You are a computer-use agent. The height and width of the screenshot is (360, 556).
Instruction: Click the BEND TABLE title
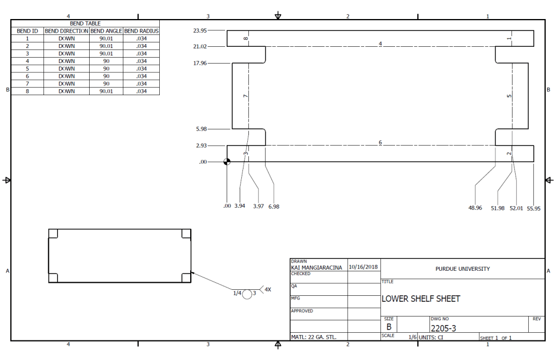85,24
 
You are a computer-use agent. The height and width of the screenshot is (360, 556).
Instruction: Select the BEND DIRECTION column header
66,32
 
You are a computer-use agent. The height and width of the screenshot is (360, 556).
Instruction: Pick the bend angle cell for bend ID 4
107,61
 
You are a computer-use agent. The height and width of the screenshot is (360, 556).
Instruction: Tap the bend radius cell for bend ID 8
141,91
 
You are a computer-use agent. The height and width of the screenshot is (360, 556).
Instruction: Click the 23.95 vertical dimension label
200,31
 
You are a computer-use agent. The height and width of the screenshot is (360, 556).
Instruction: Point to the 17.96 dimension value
200,64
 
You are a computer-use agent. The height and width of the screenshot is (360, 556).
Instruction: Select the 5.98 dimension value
202,129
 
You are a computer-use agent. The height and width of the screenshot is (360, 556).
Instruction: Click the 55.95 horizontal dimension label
534,208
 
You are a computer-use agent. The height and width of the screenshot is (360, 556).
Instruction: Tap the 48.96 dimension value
475,208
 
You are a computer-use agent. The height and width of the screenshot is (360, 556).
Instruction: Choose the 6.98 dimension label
274,207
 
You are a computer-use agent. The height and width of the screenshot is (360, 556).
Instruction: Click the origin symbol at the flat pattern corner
227,162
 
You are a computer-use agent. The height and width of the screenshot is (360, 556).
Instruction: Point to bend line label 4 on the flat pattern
380,44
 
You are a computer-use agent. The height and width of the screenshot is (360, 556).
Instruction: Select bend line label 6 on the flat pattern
380,142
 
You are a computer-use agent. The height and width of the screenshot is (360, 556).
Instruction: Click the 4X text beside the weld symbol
267,290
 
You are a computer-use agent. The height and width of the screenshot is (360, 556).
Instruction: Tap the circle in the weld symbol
247,294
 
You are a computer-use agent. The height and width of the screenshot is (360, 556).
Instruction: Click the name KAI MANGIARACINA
317,268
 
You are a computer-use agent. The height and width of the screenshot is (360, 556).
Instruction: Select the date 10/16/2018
364,267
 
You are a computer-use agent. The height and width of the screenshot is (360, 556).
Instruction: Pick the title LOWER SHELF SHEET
421,299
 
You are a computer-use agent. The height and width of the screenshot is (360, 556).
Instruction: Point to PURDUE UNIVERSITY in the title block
463,269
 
